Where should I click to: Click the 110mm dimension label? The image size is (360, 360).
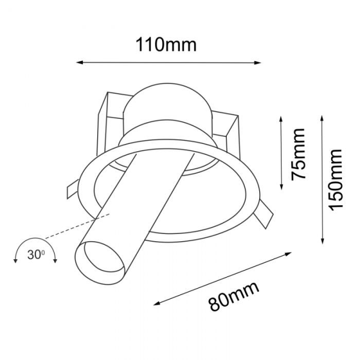[166, 45]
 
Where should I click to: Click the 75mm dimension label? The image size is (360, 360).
[298, 154]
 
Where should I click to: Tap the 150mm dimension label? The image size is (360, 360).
[335, 179]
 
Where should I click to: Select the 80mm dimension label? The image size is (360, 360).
[234, 297]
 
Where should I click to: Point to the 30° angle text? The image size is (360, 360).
[37, 254]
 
